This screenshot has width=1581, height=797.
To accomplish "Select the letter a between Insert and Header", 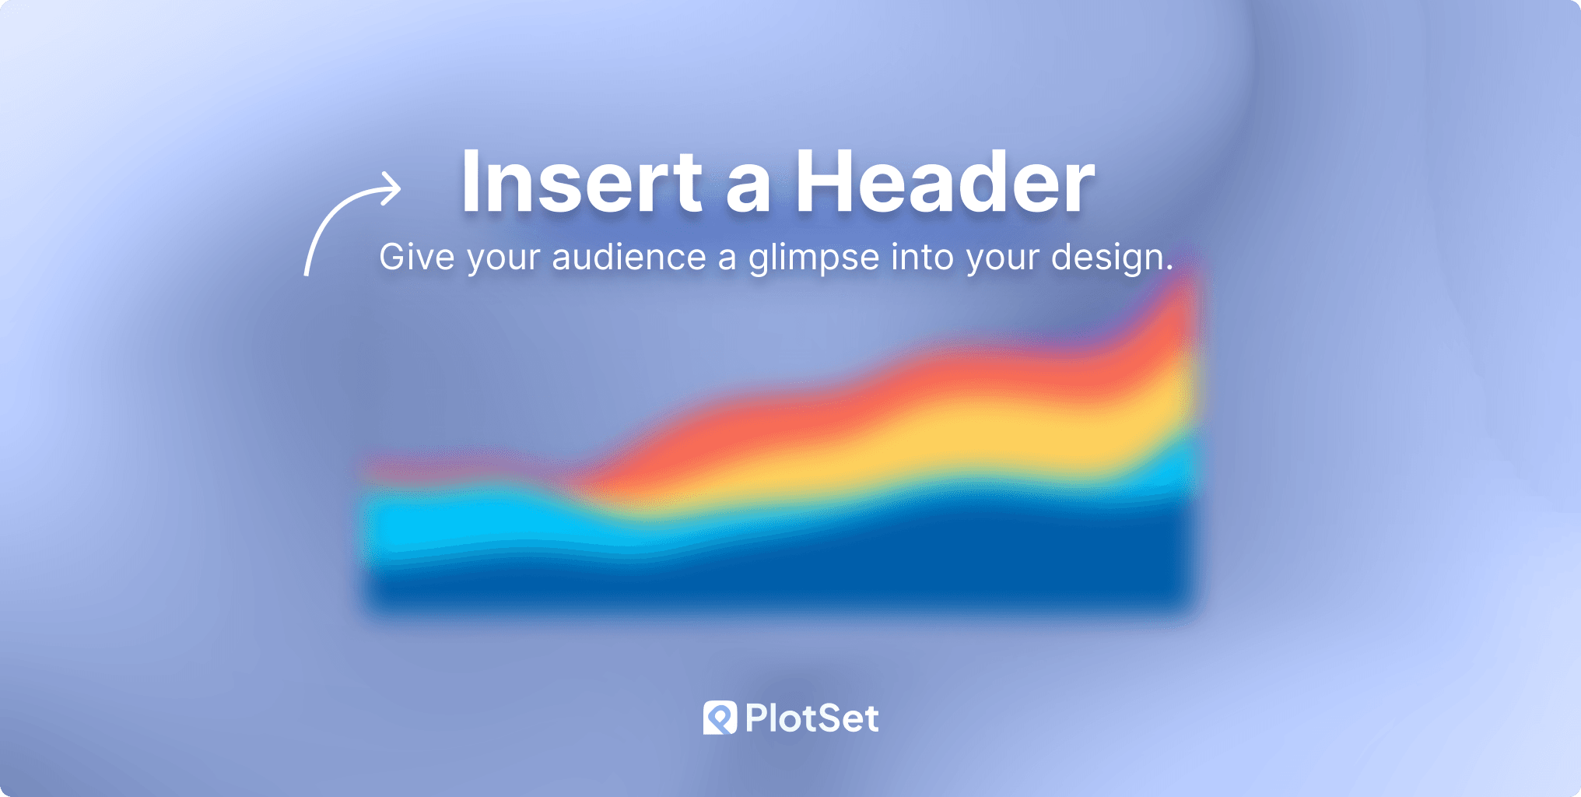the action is pos(748,191).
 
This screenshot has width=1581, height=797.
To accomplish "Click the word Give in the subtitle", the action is pos(417,257).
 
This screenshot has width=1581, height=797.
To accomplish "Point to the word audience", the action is pos(629,257).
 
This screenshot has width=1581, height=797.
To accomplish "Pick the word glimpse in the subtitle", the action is pos(814,259).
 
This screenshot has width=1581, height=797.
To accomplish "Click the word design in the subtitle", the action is pos(1107,259).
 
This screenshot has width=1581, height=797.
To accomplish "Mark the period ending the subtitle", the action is pos(1169,269).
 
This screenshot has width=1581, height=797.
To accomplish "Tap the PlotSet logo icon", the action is pos(720,718).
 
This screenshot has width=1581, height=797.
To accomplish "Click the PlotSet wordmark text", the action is pos(812,718).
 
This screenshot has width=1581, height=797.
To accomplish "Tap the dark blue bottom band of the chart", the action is pos(856,560).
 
